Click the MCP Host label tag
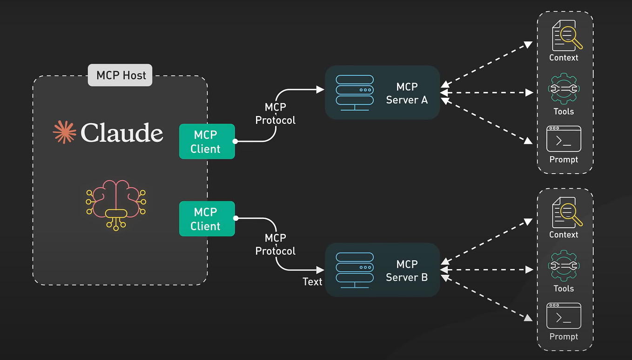coord(121,75)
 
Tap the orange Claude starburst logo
coord(64,132)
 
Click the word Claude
coord(122,133)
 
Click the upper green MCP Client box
coord(207,142)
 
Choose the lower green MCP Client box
coord(207,219)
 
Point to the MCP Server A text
coord(407,93)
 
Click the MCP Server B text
coord(407,271)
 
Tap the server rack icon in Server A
coord(355,92)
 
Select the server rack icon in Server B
coord(355,270)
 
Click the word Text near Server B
coord(312,282)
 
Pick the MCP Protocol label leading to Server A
coord(275,114)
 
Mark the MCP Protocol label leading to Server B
coord(275,245)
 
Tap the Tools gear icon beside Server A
coord(564,88)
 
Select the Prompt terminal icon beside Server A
coord(564,139)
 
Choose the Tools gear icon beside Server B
coord(564,265)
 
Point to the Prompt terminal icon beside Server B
coord(564,316)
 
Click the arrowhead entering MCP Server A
coord(320,89)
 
